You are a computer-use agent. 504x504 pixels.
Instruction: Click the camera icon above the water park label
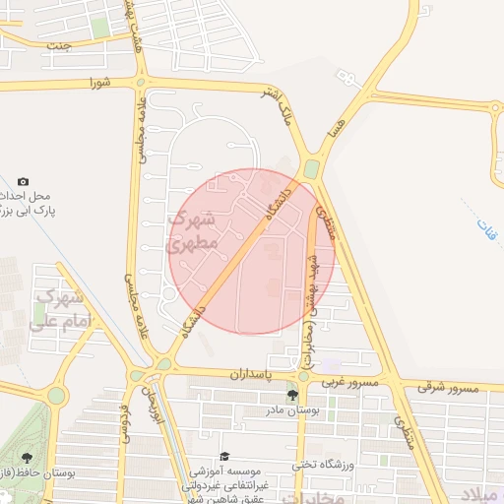point(24,181)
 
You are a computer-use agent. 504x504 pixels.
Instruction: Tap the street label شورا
point(95,82)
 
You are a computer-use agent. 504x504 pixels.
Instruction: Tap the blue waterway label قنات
point(480,230)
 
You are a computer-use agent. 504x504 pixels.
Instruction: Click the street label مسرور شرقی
point(448,387)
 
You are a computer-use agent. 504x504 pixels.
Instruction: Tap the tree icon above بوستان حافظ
point(26,459)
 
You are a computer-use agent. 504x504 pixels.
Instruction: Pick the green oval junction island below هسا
point(312,169)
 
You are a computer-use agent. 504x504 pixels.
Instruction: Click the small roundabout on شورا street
point(142,83)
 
